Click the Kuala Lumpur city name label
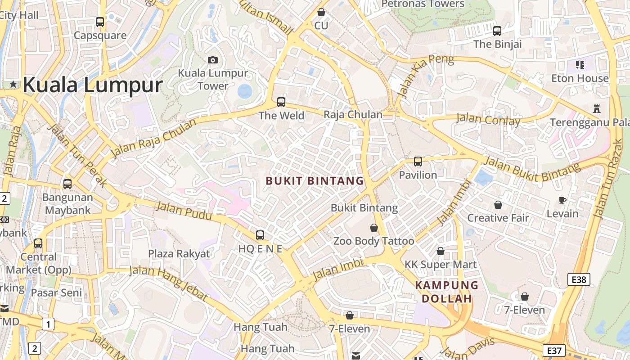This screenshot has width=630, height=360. pyautogui.click(x=92, y=85)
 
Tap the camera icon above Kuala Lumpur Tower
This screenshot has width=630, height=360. pyautogui.click(x=213, y=60)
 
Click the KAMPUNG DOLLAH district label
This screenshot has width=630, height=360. pyautogui.click(x=446, y=292)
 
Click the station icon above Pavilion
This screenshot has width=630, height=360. pyautogui.click(x=418, y=161)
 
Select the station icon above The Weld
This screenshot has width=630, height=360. pyautogui.click(x=281, y=102)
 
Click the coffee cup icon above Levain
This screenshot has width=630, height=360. pyautogui.click(x=562, y=200)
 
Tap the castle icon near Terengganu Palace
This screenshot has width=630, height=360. pyautogui.click(x=597, y=108)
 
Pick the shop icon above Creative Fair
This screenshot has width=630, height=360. pyautogui.click(x=498, y=205)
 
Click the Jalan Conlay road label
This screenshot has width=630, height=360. pyautogui.click(x=488, y=120)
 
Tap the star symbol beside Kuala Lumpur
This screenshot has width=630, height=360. pyautogui.click(x=13, y=84)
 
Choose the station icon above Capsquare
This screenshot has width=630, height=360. pyautogui.click(x=100, y=22)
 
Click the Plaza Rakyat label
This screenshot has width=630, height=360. pyautogui.click(x=179, y=253)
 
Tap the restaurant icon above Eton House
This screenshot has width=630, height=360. pyautogui.click(x=580, y=65)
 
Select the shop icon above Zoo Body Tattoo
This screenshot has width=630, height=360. pyautogui.click(x=373, y=228)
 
